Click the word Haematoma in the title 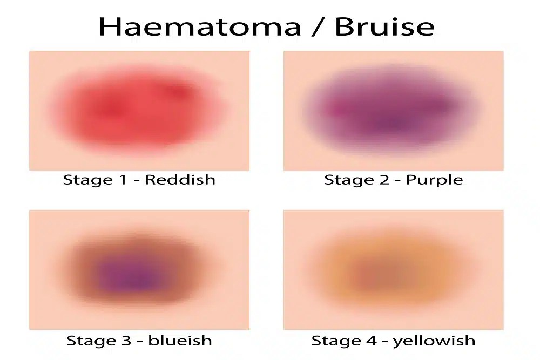pos(200,27)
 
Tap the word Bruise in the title pos(384,27)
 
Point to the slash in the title pos(318,27)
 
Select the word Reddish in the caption pos(180,180)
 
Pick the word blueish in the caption pos(180,341)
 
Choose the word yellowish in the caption pos(434,341)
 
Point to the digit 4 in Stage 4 pos(371,341)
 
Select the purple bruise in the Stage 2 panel pos(391,110)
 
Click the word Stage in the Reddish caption pos(88,180)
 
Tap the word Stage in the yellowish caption pos(336,341)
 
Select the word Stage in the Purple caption pos(349,180)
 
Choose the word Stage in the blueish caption pos(91,341)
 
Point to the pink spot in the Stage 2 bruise pos(336,110)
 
